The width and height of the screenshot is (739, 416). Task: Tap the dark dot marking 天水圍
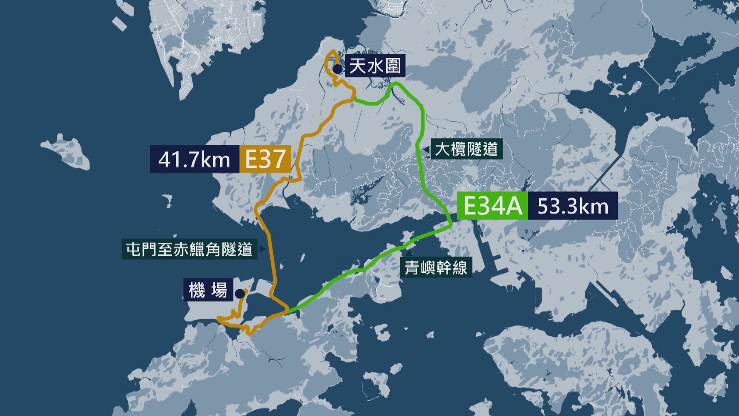click(337, 69)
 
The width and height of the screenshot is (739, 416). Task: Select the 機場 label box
click(208, 290)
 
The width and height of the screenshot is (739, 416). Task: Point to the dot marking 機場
click(240, 294)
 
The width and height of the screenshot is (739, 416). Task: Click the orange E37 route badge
click(264, 159)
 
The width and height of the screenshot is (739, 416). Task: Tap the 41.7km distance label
click(194, 159)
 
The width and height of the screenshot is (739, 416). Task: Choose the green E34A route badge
click(492, 206)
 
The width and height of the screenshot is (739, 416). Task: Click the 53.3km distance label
click(573, 206)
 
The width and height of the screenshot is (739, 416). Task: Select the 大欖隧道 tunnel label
click(466, 149)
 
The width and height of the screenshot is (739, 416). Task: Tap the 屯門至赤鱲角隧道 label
click(189, 249)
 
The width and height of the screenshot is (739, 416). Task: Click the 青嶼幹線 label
click(436, 267)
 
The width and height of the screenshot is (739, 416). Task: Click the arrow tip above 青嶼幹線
click(409, 253)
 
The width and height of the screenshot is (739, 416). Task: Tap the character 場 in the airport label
click(219, 290)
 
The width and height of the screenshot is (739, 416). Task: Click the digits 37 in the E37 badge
click(272, 159)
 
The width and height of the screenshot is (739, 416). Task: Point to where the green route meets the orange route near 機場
click(287, 310)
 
